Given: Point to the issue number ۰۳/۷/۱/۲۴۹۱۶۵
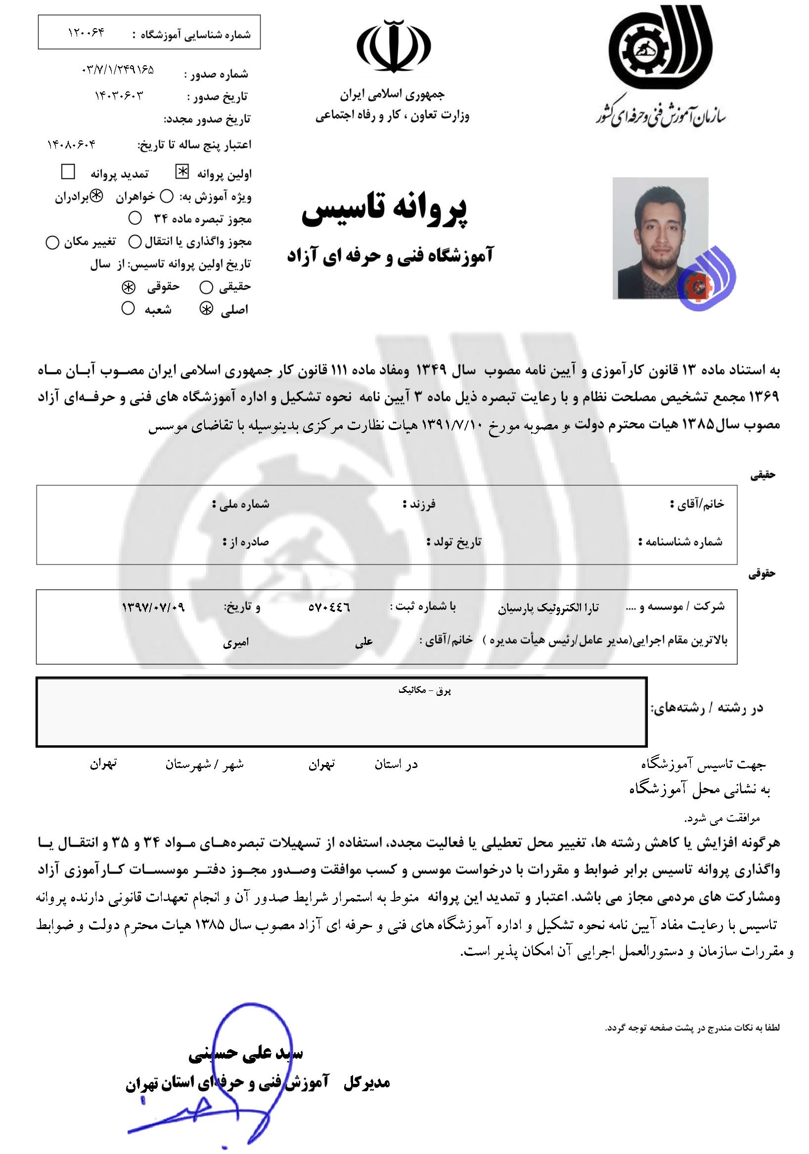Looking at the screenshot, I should [117, 70].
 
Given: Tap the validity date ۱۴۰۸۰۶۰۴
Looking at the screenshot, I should [71, 145].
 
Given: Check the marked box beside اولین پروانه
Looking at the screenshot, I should [181, 172].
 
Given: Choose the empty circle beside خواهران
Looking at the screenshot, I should [169, 197].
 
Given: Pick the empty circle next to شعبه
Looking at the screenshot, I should [128, 307].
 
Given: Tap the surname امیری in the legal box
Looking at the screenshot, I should [236, 642].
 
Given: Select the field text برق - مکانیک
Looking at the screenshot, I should [424, 690].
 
